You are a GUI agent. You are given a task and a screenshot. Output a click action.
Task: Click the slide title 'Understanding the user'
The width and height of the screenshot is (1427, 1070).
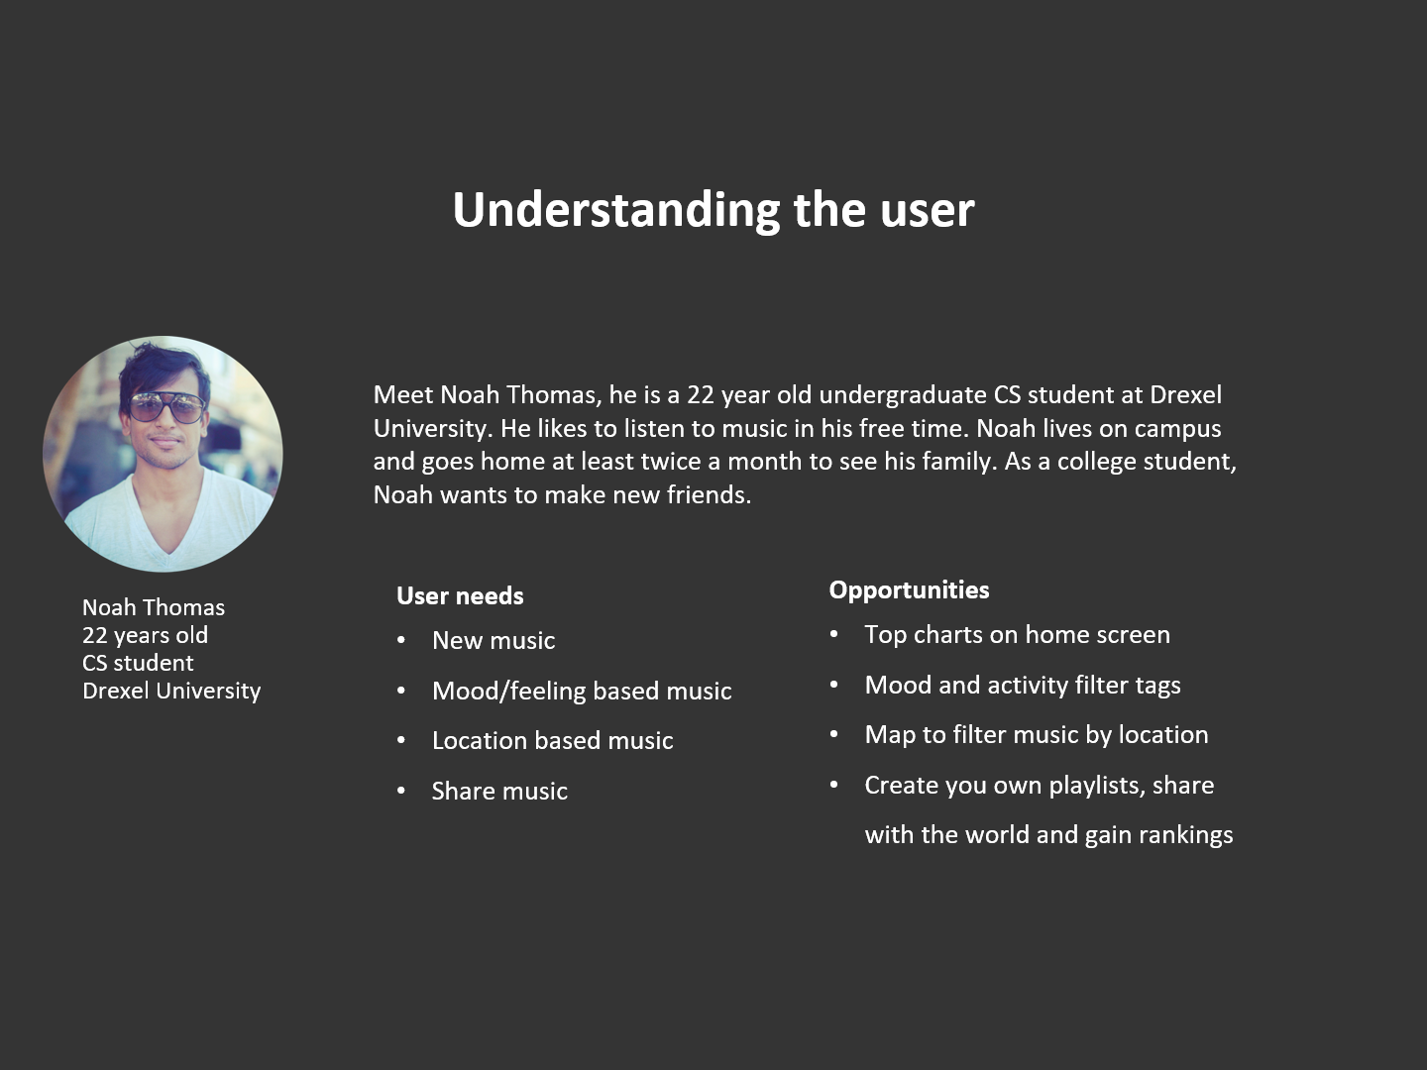(713, 210)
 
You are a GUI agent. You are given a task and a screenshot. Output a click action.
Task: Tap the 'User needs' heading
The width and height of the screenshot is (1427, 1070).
(460, 595)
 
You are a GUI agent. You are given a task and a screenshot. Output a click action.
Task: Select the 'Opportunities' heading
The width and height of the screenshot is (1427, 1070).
(909, 590)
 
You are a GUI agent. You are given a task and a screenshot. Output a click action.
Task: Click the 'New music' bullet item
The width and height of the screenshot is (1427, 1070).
(494, 641)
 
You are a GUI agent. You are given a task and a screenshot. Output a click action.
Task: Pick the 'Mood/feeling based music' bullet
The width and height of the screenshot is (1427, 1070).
(582, 692)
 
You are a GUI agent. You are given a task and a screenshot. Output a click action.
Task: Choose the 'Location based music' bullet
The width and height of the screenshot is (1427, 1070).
(553, 741)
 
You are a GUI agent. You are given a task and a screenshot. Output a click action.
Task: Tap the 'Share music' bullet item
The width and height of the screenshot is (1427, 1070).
(499, 791)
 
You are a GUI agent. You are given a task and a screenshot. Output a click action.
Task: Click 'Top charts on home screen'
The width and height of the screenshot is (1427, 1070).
(1017, 635)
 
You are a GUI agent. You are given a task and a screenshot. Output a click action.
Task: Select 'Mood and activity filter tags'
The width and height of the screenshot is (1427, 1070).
(1023, 686)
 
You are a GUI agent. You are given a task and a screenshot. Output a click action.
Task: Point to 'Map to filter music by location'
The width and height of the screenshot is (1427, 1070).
(1037, 735)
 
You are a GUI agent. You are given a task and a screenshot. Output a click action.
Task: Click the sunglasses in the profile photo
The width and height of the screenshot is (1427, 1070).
(167, 406)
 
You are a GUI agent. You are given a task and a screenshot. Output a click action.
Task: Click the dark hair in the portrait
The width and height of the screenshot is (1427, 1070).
(163, 369)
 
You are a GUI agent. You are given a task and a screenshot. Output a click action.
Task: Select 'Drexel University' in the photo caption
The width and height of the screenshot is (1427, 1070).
(171, 692)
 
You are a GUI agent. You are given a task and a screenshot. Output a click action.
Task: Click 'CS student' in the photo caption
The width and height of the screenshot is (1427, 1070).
(138, 664)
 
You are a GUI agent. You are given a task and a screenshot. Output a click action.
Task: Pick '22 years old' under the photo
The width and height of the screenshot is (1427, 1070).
(145, 635)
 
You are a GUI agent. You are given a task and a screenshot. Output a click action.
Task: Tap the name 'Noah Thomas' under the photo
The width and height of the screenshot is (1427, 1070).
(154, 607)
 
